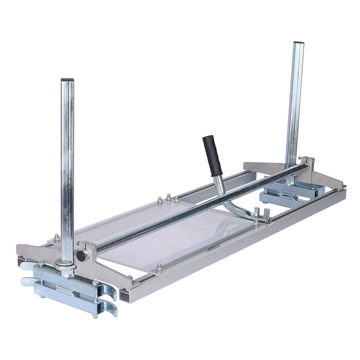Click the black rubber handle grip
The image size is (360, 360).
(210, 155)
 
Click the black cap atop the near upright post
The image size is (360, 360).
(67, 81)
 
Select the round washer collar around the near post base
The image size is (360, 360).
(65, 265)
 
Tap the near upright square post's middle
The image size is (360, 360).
(67, 170)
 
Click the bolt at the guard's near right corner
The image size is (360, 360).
(159, 267)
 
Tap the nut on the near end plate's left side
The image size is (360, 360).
(56, 238)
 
